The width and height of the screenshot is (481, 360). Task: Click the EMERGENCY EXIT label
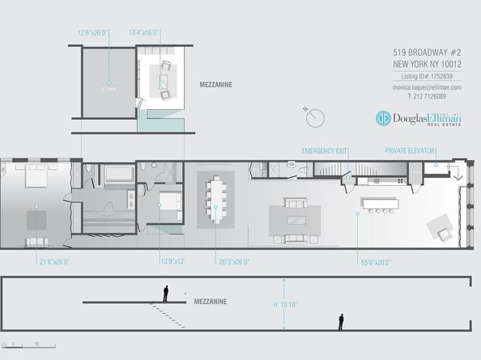click(324, 150)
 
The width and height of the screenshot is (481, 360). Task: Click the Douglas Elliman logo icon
click(384, 118)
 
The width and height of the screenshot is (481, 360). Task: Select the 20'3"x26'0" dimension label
click(235, 261)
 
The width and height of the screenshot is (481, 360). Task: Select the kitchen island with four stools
click(380, 202)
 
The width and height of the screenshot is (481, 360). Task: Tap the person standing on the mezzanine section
click(167, 293)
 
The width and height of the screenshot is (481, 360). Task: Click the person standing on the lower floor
click(341, 322)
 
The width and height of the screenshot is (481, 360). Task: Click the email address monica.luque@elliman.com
click(427, 87)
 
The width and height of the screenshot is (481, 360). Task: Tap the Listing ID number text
click(427, 75)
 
